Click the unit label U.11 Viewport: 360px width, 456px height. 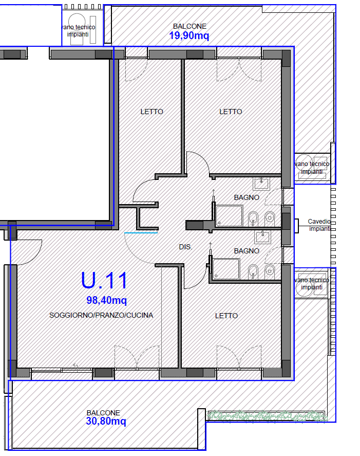104,280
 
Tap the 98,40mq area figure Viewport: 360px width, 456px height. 107,300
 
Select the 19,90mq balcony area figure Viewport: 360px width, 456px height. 189,36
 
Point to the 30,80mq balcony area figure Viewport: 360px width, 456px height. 106,421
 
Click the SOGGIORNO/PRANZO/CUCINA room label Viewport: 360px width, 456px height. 101,315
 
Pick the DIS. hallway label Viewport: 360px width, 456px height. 185,247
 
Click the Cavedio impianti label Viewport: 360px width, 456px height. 319,225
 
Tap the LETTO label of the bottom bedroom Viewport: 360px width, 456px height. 226,316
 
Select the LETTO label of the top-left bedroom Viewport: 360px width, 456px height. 151,112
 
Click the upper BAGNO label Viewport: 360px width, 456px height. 247,197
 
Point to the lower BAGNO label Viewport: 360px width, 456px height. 247,251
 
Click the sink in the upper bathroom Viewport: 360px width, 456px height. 261,184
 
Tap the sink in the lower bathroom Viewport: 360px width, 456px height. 262,237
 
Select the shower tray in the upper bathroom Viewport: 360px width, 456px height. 229,216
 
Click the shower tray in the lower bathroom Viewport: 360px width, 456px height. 226,269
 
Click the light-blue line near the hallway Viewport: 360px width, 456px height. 141,233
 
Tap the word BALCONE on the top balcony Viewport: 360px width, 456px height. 190,26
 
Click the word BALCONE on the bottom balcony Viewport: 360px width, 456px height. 103,413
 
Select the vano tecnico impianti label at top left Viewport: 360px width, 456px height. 78,30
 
